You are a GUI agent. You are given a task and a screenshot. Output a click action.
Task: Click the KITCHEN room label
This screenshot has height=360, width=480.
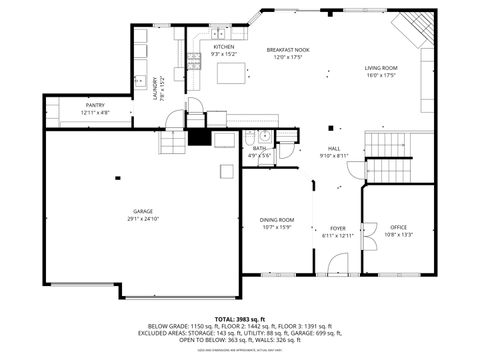[224, 47]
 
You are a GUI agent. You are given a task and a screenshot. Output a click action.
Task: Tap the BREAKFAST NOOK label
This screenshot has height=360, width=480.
[287, 49]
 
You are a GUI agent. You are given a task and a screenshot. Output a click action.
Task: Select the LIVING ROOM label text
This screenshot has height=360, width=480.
[380, 67]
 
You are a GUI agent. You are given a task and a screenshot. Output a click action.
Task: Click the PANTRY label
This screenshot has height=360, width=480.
[94, 106]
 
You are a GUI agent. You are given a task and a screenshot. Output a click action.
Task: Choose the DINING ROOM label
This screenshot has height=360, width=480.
[277, 220]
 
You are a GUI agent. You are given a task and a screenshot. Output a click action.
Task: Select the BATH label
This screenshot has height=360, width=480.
[259, 148]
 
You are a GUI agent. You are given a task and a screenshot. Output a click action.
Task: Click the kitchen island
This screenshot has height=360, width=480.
[230, 73]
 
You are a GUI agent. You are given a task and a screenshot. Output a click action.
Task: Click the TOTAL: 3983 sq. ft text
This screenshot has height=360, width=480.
[239, 317]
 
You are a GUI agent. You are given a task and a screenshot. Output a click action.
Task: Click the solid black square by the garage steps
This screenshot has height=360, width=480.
[197, 138]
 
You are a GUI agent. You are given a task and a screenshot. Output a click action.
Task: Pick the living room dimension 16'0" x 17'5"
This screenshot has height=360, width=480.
[380, 75]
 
